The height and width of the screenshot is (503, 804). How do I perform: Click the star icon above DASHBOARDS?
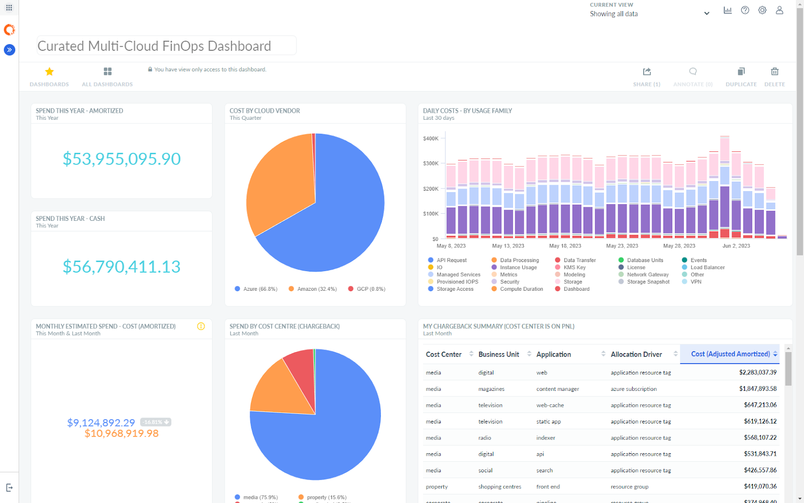(x=49, y=72)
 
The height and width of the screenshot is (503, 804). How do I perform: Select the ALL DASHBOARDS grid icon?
(x=108, y=72)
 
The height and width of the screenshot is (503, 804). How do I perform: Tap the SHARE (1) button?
(x=647, y=72)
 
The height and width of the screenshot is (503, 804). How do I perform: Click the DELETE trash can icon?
(x=774, y=72)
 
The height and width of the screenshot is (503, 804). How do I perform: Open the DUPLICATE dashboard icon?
(x=741, y=72)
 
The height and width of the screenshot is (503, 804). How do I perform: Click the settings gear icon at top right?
(x=762, y=10)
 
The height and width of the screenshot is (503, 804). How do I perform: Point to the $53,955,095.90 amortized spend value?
(x=122, y=159)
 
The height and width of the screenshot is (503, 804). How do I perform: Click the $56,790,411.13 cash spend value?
(x=122, y=267)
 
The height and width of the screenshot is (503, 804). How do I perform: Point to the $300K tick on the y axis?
(x=431, y=163)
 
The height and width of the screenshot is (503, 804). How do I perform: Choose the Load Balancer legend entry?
(x=707, y=268)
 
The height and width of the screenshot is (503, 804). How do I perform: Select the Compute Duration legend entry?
(x=521, y=289)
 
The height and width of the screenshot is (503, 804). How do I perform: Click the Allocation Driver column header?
(x=636, y=355)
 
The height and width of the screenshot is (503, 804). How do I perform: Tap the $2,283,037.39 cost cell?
(x=757, y=373)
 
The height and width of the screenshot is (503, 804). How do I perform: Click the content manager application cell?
(x=557, y=389)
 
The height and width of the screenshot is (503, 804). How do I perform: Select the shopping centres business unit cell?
(x=499, y=487)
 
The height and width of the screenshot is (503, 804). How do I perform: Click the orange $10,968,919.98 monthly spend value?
(x=122, y=434)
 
